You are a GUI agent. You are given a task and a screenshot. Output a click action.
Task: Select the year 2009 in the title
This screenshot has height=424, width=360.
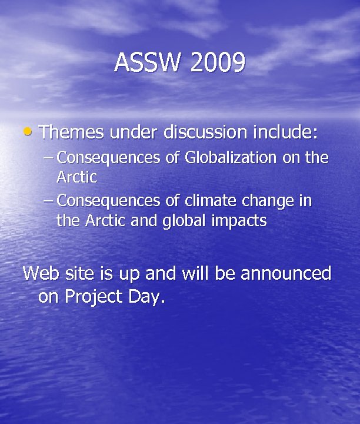pos(217,63)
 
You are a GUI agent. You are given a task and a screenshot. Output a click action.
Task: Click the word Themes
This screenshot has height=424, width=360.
pos(71,132)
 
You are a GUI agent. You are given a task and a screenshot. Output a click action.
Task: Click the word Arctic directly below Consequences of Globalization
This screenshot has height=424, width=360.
pos(76,176)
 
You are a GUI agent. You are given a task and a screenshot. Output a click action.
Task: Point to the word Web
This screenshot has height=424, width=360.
pos(42,274)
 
